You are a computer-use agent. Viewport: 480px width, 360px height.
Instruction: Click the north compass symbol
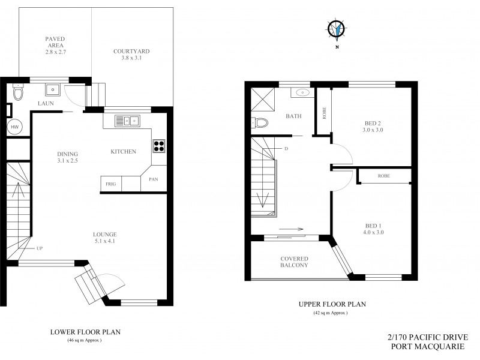tap(336, 28)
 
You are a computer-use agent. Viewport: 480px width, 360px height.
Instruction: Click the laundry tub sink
tap(52, 91)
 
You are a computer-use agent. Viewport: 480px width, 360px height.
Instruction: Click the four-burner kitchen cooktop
tap(160, 145)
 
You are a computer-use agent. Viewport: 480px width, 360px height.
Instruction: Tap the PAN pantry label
tap(153, 179)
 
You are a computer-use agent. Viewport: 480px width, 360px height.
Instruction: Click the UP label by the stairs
tap(40, 248)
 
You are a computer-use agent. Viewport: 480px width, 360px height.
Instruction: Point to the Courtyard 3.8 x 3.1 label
tap(131, 55)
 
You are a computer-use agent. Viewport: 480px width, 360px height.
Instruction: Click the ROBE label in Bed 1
tap(384, 176)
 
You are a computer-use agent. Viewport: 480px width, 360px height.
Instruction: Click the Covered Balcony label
tap(294, 262)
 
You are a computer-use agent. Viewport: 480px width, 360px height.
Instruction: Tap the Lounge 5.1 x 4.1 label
tap(104, 238)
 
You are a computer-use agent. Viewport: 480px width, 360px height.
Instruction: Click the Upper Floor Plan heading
tap(332, 304)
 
